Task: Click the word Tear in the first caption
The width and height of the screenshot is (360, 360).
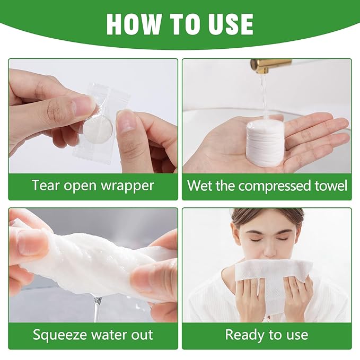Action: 46,186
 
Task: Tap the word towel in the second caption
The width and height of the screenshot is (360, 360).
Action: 331,186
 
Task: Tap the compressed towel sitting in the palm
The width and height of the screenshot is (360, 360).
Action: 265,142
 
